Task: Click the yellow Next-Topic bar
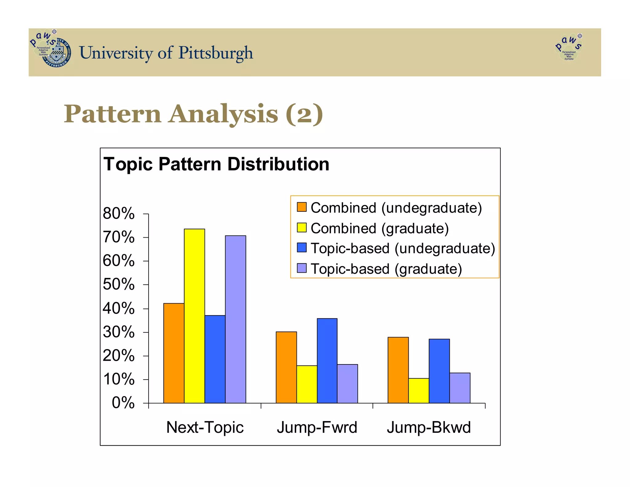(x=194, y=316)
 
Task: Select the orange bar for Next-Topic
(x=174, y=353)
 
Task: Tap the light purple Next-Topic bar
(x=235, y=319)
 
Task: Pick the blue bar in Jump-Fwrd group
(x=327, y=360)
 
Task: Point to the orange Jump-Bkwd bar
(x=398, y=370)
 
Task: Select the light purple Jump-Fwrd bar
(x=347, y=384)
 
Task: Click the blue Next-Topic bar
(x=215, y=359)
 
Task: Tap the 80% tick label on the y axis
(x=119, y=213)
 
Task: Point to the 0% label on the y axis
(x=123, y=403)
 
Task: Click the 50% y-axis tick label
(x=119, y=284)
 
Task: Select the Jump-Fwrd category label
(x=317, y=427)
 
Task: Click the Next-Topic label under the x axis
(x=205, y=427)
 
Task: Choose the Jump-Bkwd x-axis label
(x=429, y=427)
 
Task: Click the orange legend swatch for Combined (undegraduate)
(x=301, y=207)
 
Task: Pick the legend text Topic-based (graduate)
(x=386, y=269)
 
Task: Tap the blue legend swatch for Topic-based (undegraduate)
(x=301, y=248)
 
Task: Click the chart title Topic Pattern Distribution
(x=216, y=164)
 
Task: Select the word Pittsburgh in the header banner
(x=216, y=53)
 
